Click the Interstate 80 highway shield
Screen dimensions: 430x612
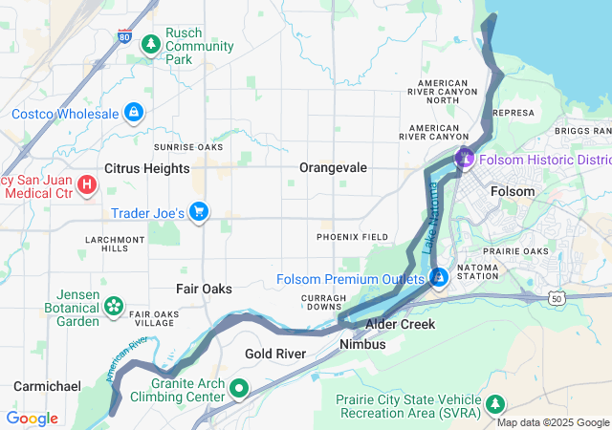point(125,36)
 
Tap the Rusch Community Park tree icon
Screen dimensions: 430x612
point(150,44)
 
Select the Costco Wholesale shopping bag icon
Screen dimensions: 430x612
point(134,114)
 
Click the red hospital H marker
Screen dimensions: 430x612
point(86,183)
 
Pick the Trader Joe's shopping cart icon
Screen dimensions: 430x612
point(199,211)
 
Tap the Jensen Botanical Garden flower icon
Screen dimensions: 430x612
point(114,307)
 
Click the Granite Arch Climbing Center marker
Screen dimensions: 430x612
point(238,388)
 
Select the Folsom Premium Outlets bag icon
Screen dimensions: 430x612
point(439,278)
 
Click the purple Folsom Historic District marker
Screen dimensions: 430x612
point(465,159)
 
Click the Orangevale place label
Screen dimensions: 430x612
point(333,167)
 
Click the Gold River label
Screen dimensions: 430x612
point(274,354)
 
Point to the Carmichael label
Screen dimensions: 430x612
point(45,385)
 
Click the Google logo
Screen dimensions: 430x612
point(32,419)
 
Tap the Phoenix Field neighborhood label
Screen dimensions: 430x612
point(353,236)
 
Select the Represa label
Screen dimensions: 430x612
point(513,112)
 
